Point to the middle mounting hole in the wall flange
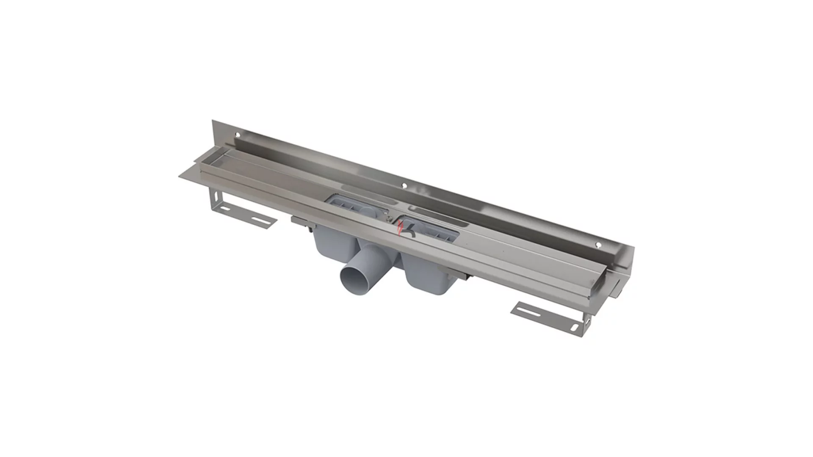[404, 186]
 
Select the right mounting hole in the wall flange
[599, 245]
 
